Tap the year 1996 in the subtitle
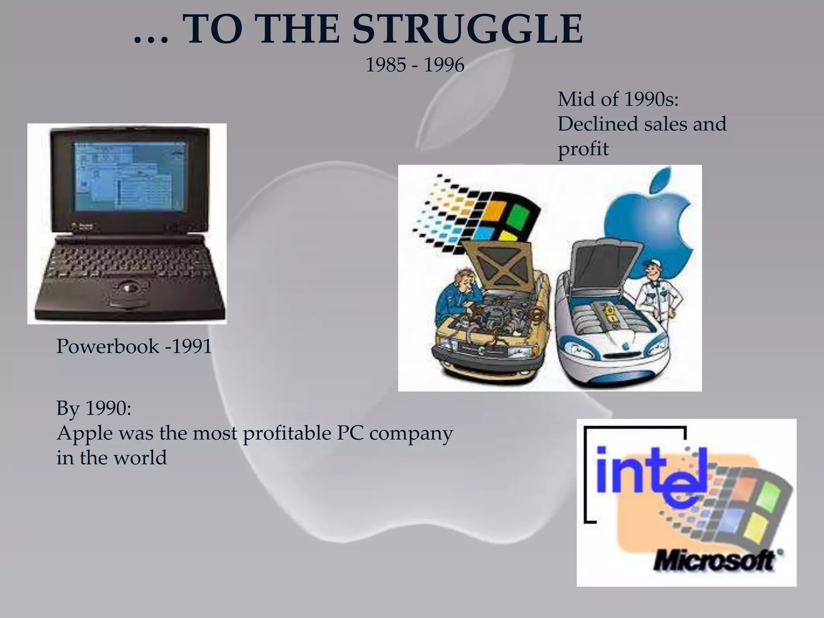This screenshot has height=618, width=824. [x=444, y=65]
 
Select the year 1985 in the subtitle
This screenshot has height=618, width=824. [x=385, y=65]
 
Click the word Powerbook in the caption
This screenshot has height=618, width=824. [x=107, y=346]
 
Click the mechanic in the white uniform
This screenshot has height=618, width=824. [x=655, y=294]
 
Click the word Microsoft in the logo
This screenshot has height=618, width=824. [x=714, y=560]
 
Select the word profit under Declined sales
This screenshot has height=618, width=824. [x=583, y=149]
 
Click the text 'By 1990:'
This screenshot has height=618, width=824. [x=94, y=408]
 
